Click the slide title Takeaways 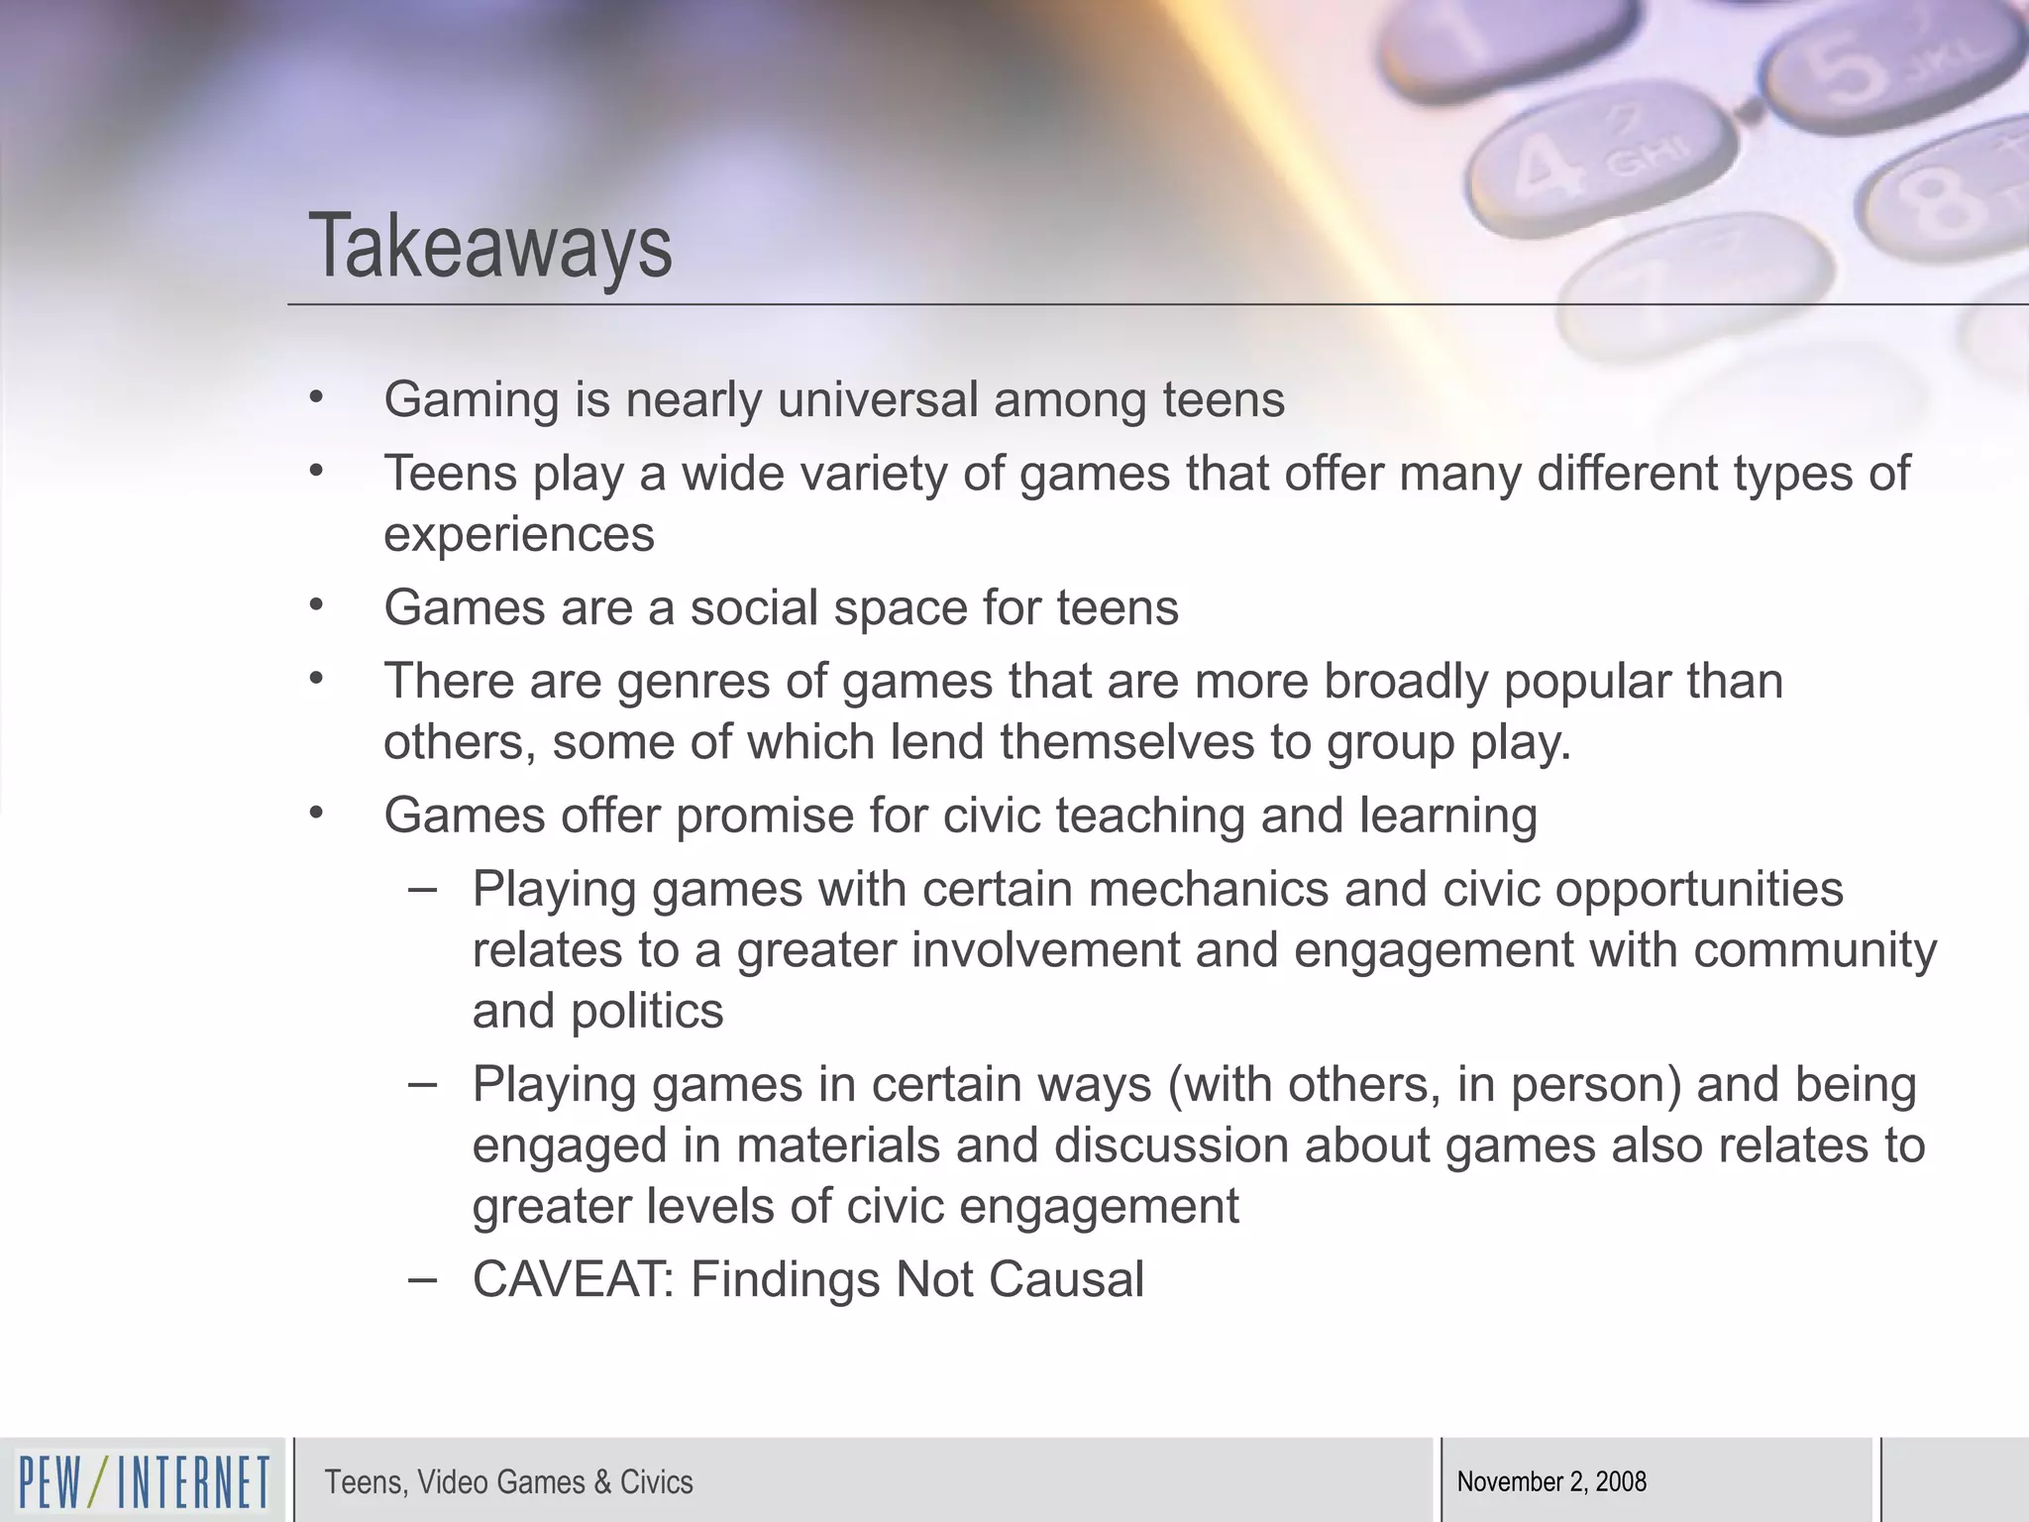pyautogui.click(x=490, y=247)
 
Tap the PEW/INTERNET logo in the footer pyautogui.click(x=144, y=1482)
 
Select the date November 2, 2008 pyautogui.click(x=1551, y=1481)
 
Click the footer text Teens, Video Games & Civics pyautogui.click(x=508, y=1482)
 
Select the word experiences pyautogui.click(x=519, y=535)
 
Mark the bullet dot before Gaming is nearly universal pyautogui.click(x=316, y=398)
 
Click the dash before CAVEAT pyautogui.click(x=422, y=1279)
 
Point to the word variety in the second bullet pyautogui.click(x=872, y=474)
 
